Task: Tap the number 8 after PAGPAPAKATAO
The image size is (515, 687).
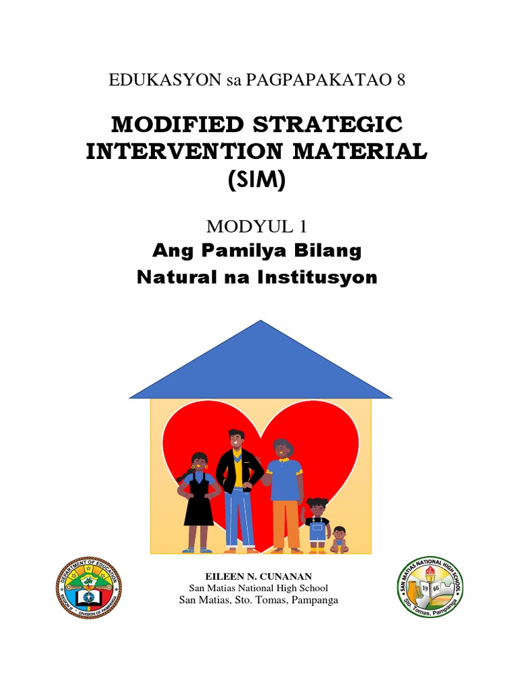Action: click(x=401, y=81)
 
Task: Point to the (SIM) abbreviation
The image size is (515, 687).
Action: click(x=257, y=180)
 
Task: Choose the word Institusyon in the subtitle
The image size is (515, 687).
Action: click(x=321, y=276)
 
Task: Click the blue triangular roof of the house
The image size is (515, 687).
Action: click(x=260, y=362)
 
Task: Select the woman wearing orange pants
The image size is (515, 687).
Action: click(x=284, y=493)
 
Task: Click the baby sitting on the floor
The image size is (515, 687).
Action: click(x=339, y=540)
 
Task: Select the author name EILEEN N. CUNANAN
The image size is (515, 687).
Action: click(x=258, y=576)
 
